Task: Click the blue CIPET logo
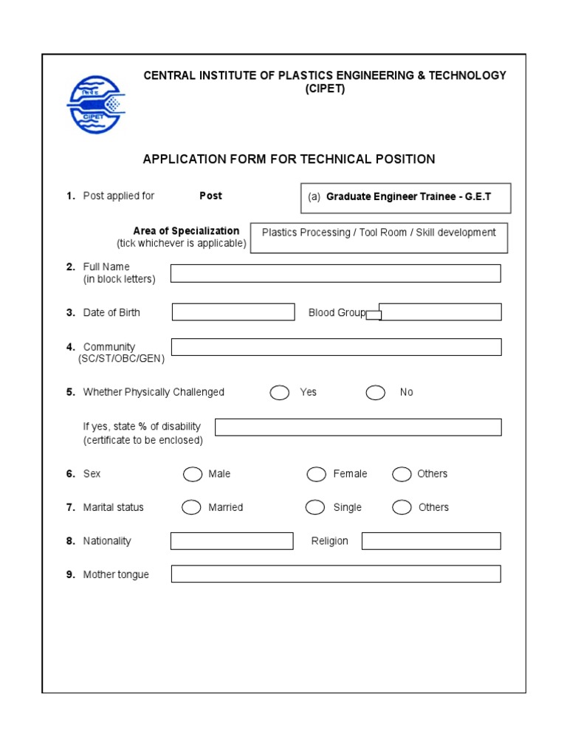click(96, 105)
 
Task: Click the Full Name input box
click(335, 273)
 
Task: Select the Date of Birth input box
click(233, 312)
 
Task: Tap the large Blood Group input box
click(441, 312)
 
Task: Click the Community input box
click(336, 347)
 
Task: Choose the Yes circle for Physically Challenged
click(280, 393)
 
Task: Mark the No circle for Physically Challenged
click(376, 393)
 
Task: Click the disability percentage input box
click(358, 427)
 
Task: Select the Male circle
click(193, 474)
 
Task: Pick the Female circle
click(317, 474)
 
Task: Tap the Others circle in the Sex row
click(402, 474)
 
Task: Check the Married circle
click(191, 507)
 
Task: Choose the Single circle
click(315, 507)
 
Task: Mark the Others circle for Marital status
click(402, 507)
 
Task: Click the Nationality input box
click(232, 541)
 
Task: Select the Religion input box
click(431, 541)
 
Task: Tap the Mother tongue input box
click(336, 574)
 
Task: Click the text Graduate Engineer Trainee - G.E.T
click(408, 197)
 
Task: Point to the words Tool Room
click(383, 233)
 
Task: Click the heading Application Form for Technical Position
click(289, 159)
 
